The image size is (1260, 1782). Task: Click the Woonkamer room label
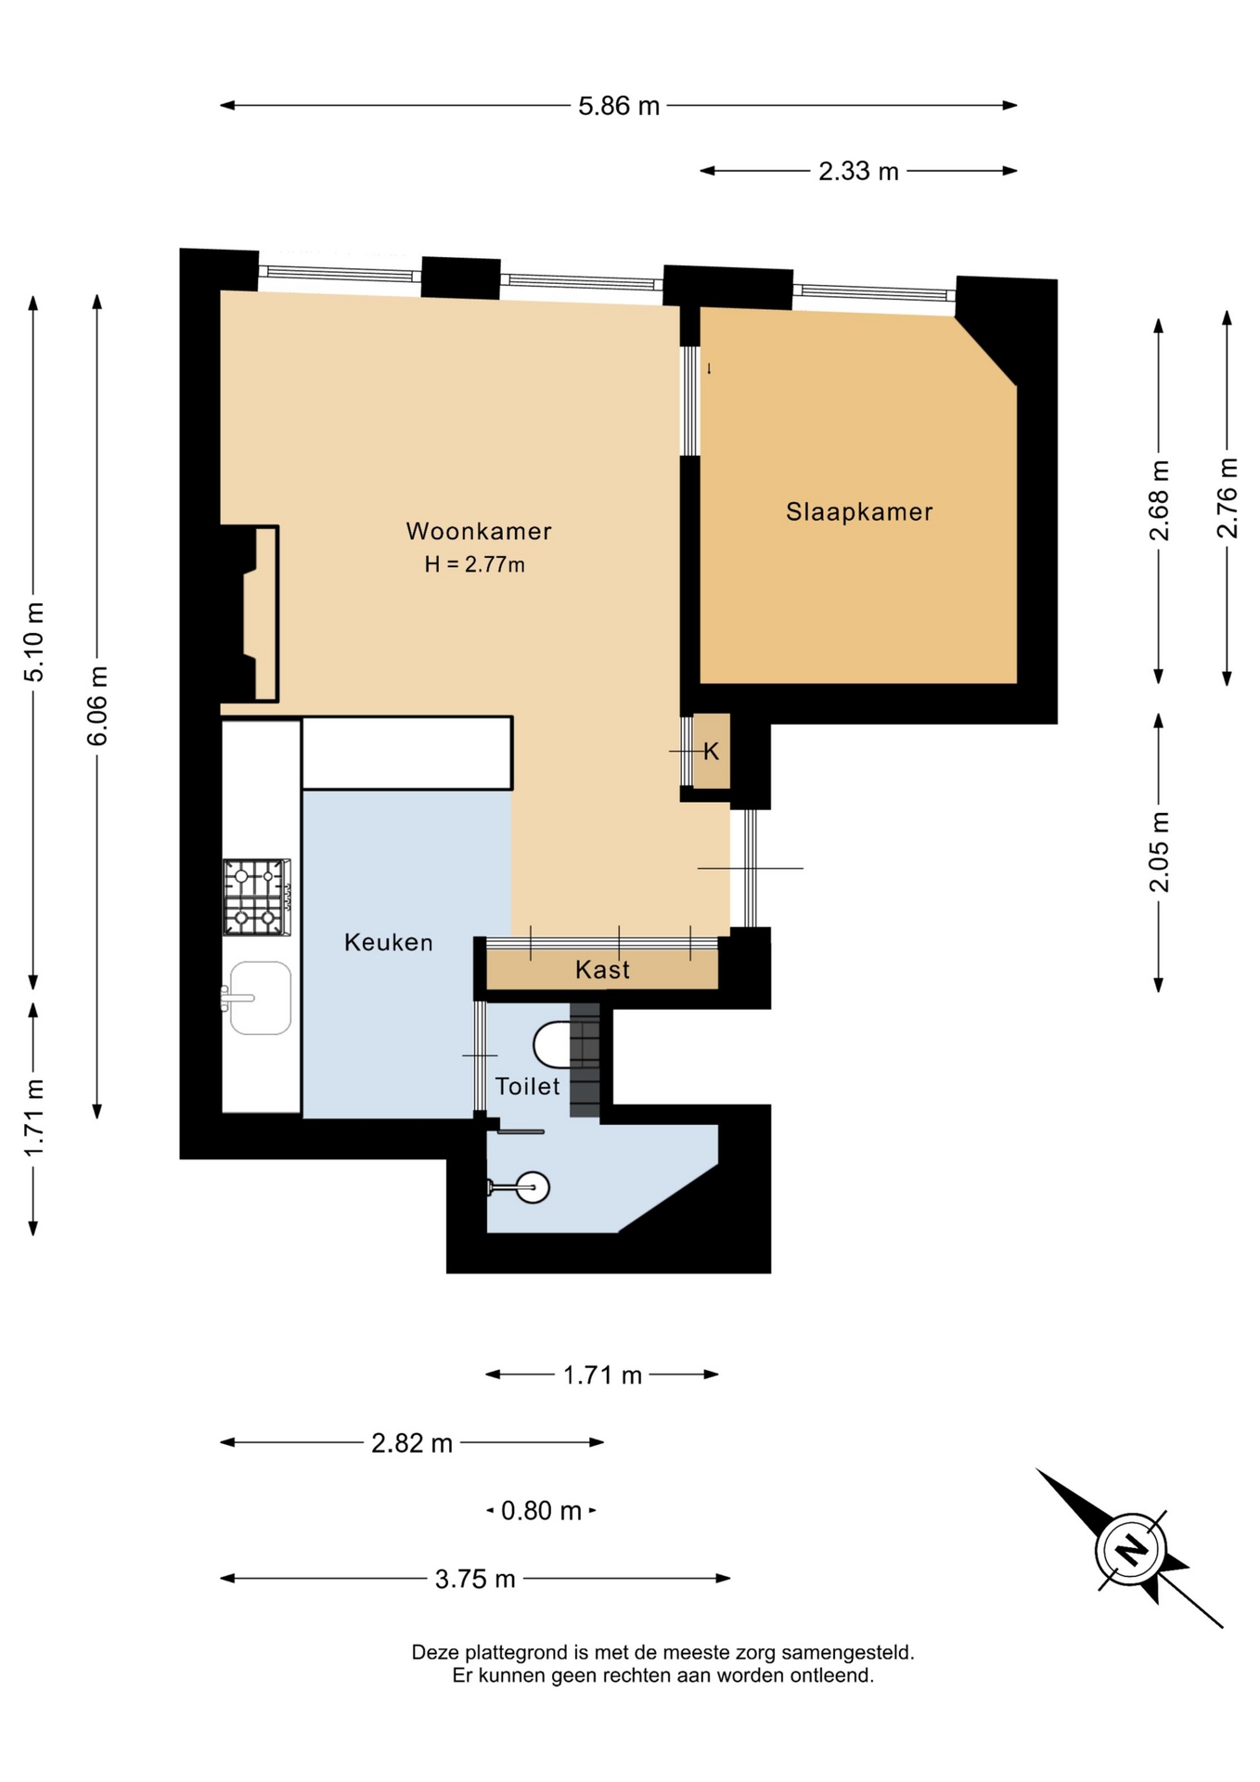[x=479, y=532]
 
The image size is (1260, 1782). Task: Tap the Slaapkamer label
[x=859, y=511]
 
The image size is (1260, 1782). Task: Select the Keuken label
[x=389, y=942]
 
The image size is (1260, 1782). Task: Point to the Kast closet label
[x=602, y=970]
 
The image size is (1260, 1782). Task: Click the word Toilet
[x=527, y=1086]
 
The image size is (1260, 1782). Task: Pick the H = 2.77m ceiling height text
[x=475, y=564]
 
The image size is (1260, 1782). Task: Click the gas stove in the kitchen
[x=256, y=897]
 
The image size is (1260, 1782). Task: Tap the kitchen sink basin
[x=260, y=998]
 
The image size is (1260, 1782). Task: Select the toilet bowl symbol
[x=552, y=1045]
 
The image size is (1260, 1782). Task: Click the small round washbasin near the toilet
[x=533, y=1187]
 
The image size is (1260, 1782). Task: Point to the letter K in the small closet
[x=711, y=752]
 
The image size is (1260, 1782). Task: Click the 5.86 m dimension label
[x=619, y=106]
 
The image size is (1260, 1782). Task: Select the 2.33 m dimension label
[x=858, y=171]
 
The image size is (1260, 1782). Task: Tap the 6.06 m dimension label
[x=97, y=706]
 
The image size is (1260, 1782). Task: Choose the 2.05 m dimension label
[x=1160, y=851]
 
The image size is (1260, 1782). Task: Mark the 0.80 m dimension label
[x=541, y=1511]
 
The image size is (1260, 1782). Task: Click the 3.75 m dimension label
[x=475, y=1579]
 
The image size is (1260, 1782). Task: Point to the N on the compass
[x=1131, y=1549]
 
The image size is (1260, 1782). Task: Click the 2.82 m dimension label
[x=412, y=1443]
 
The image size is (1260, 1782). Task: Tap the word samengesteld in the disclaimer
[x=848, y=1652]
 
